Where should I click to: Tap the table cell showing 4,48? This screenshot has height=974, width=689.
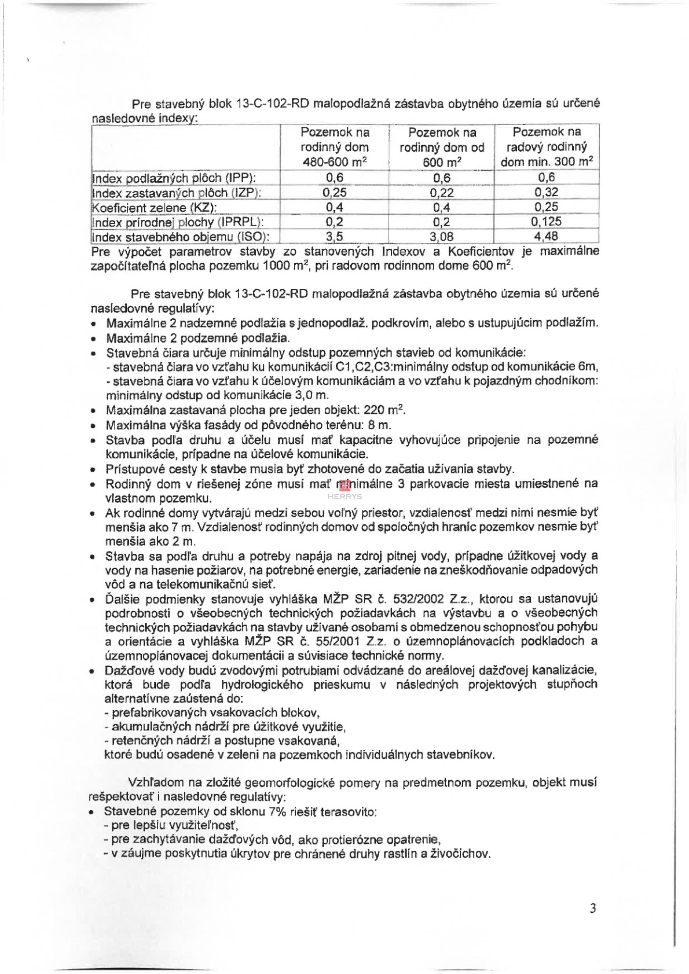(546, 235)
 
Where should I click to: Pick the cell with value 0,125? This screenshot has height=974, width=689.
(546, 221)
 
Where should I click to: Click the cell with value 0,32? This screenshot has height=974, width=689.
(546, 192)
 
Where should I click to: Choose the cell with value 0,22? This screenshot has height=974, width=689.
(441, 193)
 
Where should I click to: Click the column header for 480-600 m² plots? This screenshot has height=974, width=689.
(334, 147)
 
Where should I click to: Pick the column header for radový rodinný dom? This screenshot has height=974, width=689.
(547, 147)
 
